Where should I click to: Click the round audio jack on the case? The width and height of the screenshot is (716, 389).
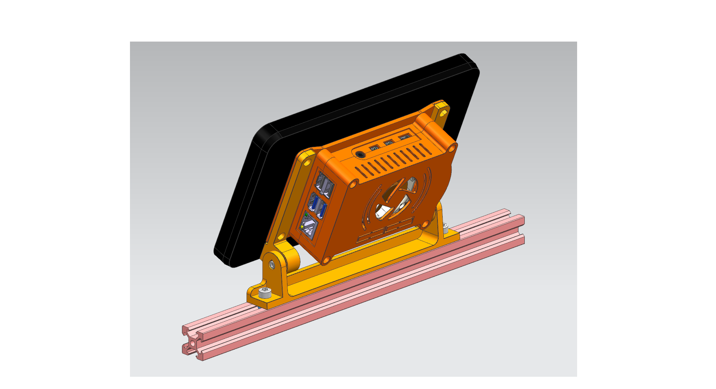359,154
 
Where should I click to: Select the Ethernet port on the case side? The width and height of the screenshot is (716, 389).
309,226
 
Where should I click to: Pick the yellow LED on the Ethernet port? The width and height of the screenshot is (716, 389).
302,226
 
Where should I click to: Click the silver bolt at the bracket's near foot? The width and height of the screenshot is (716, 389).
264,292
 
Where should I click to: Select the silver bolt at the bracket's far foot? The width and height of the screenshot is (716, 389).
445,227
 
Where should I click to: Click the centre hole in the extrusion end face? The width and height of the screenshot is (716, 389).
192,343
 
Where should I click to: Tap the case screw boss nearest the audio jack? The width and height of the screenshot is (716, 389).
354,183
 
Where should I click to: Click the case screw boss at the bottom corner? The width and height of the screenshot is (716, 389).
326,260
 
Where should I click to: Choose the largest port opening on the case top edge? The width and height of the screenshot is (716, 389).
405,137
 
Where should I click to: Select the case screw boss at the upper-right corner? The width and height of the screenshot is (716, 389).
452,148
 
